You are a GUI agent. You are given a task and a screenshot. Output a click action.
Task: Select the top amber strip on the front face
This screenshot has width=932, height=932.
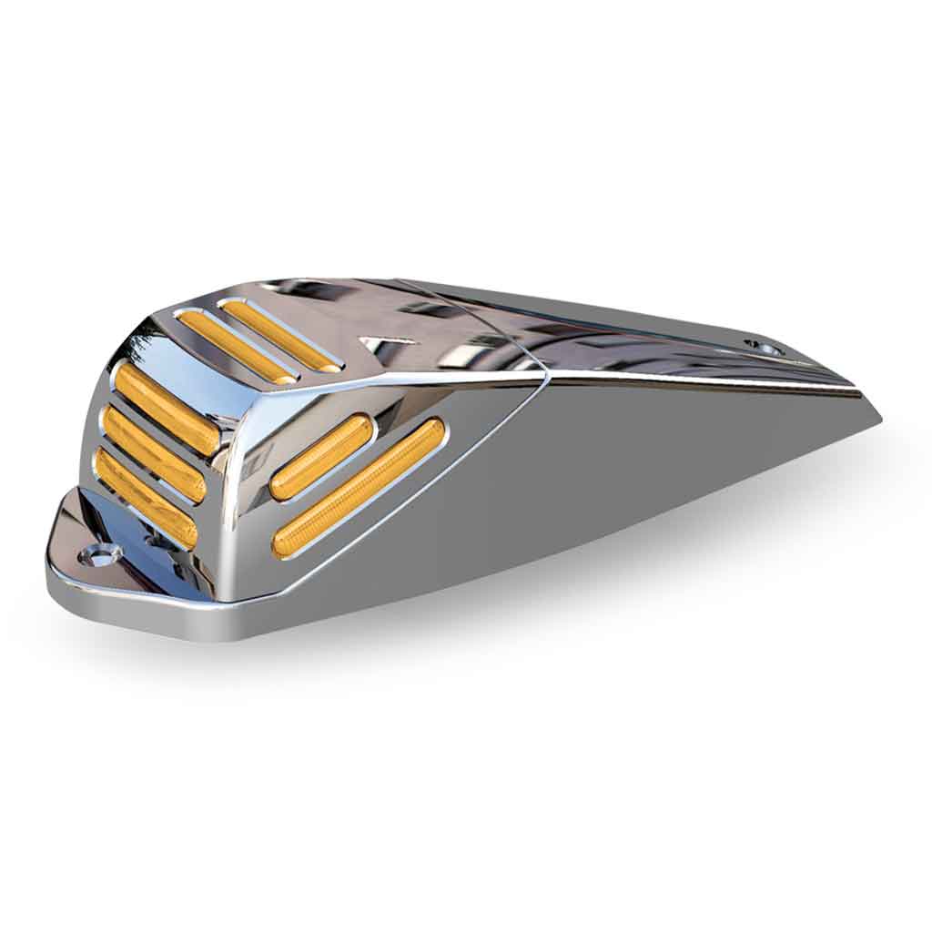167,408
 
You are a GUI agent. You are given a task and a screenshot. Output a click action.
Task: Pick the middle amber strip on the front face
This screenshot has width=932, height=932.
153,453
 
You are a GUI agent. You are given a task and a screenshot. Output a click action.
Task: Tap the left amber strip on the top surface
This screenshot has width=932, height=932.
235,346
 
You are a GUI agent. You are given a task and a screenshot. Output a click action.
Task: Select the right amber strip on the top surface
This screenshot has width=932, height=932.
280,336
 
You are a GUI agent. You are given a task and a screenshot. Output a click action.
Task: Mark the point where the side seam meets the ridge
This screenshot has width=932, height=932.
545,374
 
